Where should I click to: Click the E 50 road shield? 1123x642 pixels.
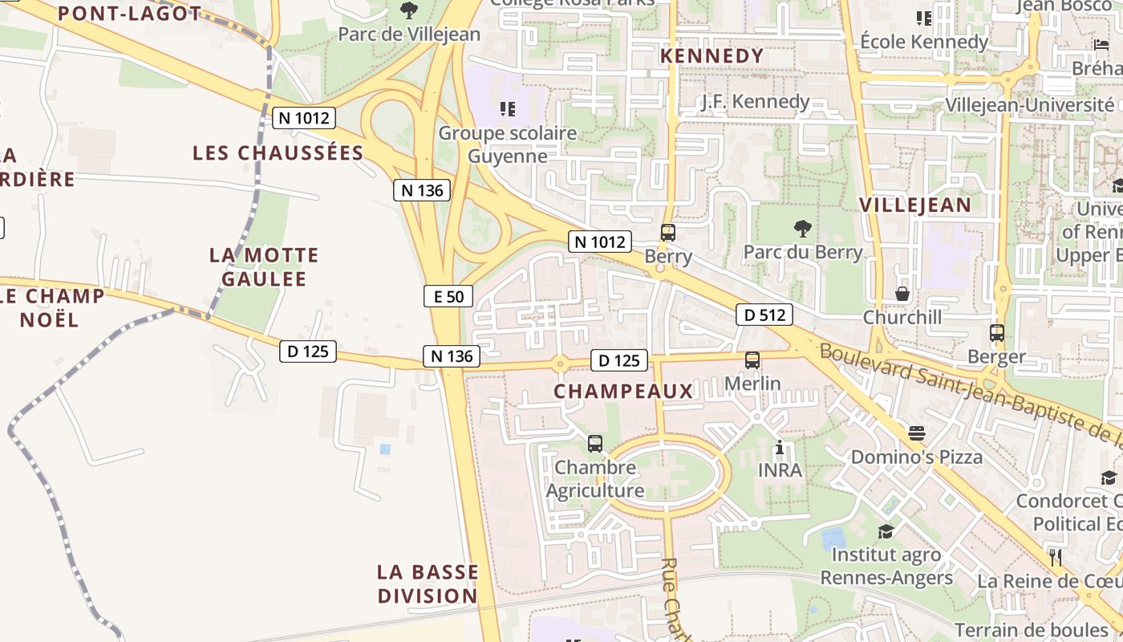[448, 296]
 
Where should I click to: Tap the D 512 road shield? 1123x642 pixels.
[764, 315]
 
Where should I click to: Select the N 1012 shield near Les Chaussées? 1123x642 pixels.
[303, 118]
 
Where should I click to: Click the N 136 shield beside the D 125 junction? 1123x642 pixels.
[452, 356]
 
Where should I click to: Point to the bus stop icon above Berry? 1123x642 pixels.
[667, 233]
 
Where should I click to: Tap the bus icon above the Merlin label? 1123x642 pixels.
[752, 360]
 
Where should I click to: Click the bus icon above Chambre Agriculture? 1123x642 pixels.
[595, 443]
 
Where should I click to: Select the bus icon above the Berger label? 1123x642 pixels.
[997, 332]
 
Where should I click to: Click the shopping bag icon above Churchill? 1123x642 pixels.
[902, 294]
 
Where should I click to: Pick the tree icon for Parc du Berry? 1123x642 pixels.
[802, 229]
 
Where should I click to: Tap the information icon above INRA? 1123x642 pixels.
[780, 447]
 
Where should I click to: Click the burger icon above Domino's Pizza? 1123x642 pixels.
[917, 433]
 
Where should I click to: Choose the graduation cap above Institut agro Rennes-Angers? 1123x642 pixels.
[886, 531]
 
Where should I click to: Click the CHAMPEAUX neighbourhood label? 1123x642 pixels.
[623, 391]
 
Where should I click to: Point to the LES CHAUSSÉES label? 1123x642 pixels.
[278, 152]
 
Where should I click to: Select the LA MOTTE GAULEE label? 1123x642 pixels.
[264, 267]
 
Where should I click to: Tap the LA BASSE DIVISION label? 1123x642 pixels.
[428, 584]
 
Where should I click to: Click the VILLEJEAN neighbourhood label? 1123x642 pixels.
[915, 205]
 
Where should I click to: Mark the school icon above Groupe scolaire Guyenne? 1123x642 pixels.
[507, 108]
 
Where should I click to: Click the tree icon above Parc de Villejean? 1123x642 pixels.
[409, 10]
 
